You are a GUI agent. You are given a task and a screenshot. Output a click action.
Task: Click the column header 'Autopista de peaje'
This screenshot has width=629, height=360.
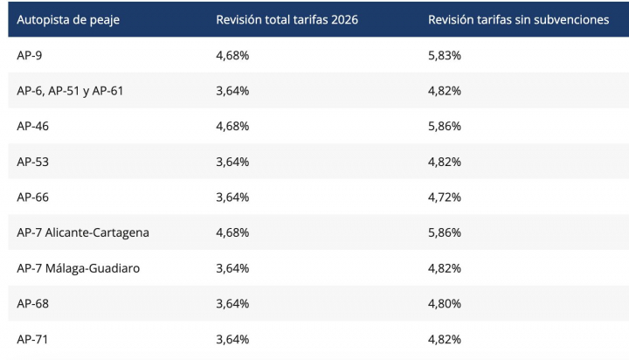[69, 19]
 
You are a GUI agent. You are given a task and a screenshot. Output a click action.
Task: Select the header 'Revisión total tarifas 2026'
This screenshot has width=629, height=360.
[287, 19]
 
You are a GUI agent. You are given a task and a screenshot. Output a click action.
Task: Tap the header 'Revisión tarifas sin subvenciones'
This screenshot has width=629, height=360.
[518, 19]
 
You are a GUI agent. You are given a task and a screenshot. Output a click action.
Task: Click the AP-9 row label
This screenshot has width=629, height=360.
[29, 55]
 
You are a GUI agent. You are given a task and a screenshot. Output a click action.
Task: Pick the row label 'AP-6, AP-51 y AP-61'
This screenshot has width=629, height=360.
[70, 91]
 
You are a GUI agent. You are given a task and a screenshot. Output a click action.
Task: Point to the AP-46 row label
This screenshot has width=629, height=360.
[32, 126]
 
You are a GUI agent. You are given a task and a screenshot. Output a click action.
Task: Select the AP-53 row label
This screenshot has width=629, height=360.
[32, 162]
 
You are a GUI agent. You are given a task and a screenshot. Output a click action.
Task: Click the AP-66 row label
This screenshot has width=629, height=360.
[32, 197]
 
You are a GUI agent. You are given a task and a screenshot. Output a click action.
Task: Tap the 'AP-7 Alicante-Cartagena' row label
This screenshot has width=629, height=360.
[83, 232]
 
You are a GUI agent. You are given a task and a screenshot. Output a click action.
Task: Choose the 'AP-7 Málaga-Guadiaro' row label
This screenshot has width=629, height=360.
[78, 268]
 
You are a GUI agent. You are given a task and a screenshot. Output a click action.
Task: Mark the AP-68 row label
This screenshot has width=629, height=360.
[32, 303]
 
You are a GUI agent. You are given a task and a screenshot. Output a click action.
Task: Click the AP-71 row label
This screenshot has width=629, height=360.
[32, 339]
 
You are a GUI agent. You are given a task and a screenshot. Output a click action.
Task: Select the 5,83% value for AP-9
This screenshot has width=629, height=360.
[444, 55]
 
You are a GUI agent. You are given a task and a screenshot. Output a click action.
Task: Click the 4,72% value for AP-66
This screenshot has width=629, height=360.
[444, 197]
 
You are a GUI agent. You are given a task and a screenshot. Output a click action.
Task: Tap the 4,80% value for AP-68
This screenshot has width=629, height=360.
[444, 303]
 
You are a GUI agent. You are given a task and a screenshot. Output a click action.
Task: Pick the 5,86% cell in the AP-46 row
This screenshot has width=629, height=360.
[444, 126]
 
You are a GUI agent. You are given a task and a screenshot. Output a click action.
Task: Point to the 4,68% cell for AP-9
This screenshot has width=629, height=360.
[232, 55]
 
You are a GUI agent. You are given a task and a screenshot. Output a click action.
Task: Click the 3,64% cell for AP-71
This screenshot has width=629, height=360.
[232, 339]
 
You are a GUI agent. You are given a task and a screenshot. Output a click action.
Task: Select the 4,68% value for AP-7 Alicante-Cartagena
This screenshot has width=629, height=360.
[232, 232]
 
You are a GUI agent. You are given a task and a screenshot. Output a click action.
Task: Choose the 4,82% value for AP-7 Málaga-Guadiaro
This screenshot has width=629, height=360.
[444, 268]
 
